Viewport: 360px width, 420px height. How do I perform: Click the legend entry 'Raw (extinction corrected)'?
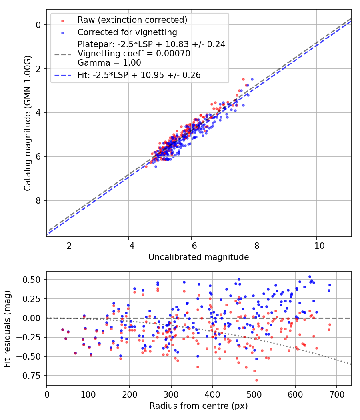point(132,20)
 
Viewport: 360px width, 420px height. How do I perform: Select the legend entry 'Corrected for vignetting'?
point(127,32)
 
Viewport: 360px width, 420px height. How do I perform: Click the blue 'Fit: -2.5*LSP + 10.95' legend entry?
point(139,75)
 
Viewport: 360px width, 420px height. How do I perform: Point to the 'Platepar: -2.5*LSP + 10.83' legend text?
point(151,44)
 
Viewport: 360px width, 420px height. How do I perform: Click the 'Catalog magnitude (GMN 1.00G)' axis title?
point(27,123)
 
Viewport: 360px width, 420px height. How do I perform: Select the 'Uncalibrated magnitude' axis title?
point(198,257)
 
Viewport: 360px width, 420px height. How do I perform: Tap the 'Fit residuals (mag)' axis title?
point(7,328)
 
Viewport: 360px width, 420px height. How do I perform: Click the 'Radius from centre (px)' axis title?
point(198,406)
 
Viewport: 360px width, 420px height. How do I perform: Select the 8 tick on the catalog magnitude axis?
point(38,200)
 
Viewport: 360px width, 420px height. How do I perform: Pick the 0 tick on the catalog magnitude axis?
point(38,25)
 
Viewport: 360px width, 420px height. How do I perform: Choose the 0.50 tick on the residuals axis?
point(34,279)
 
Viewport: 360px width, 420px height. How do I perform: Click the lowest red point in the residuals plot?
point(256,380)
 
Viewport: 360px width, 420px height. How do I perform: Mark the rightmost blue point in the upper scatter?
point(252,79)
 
